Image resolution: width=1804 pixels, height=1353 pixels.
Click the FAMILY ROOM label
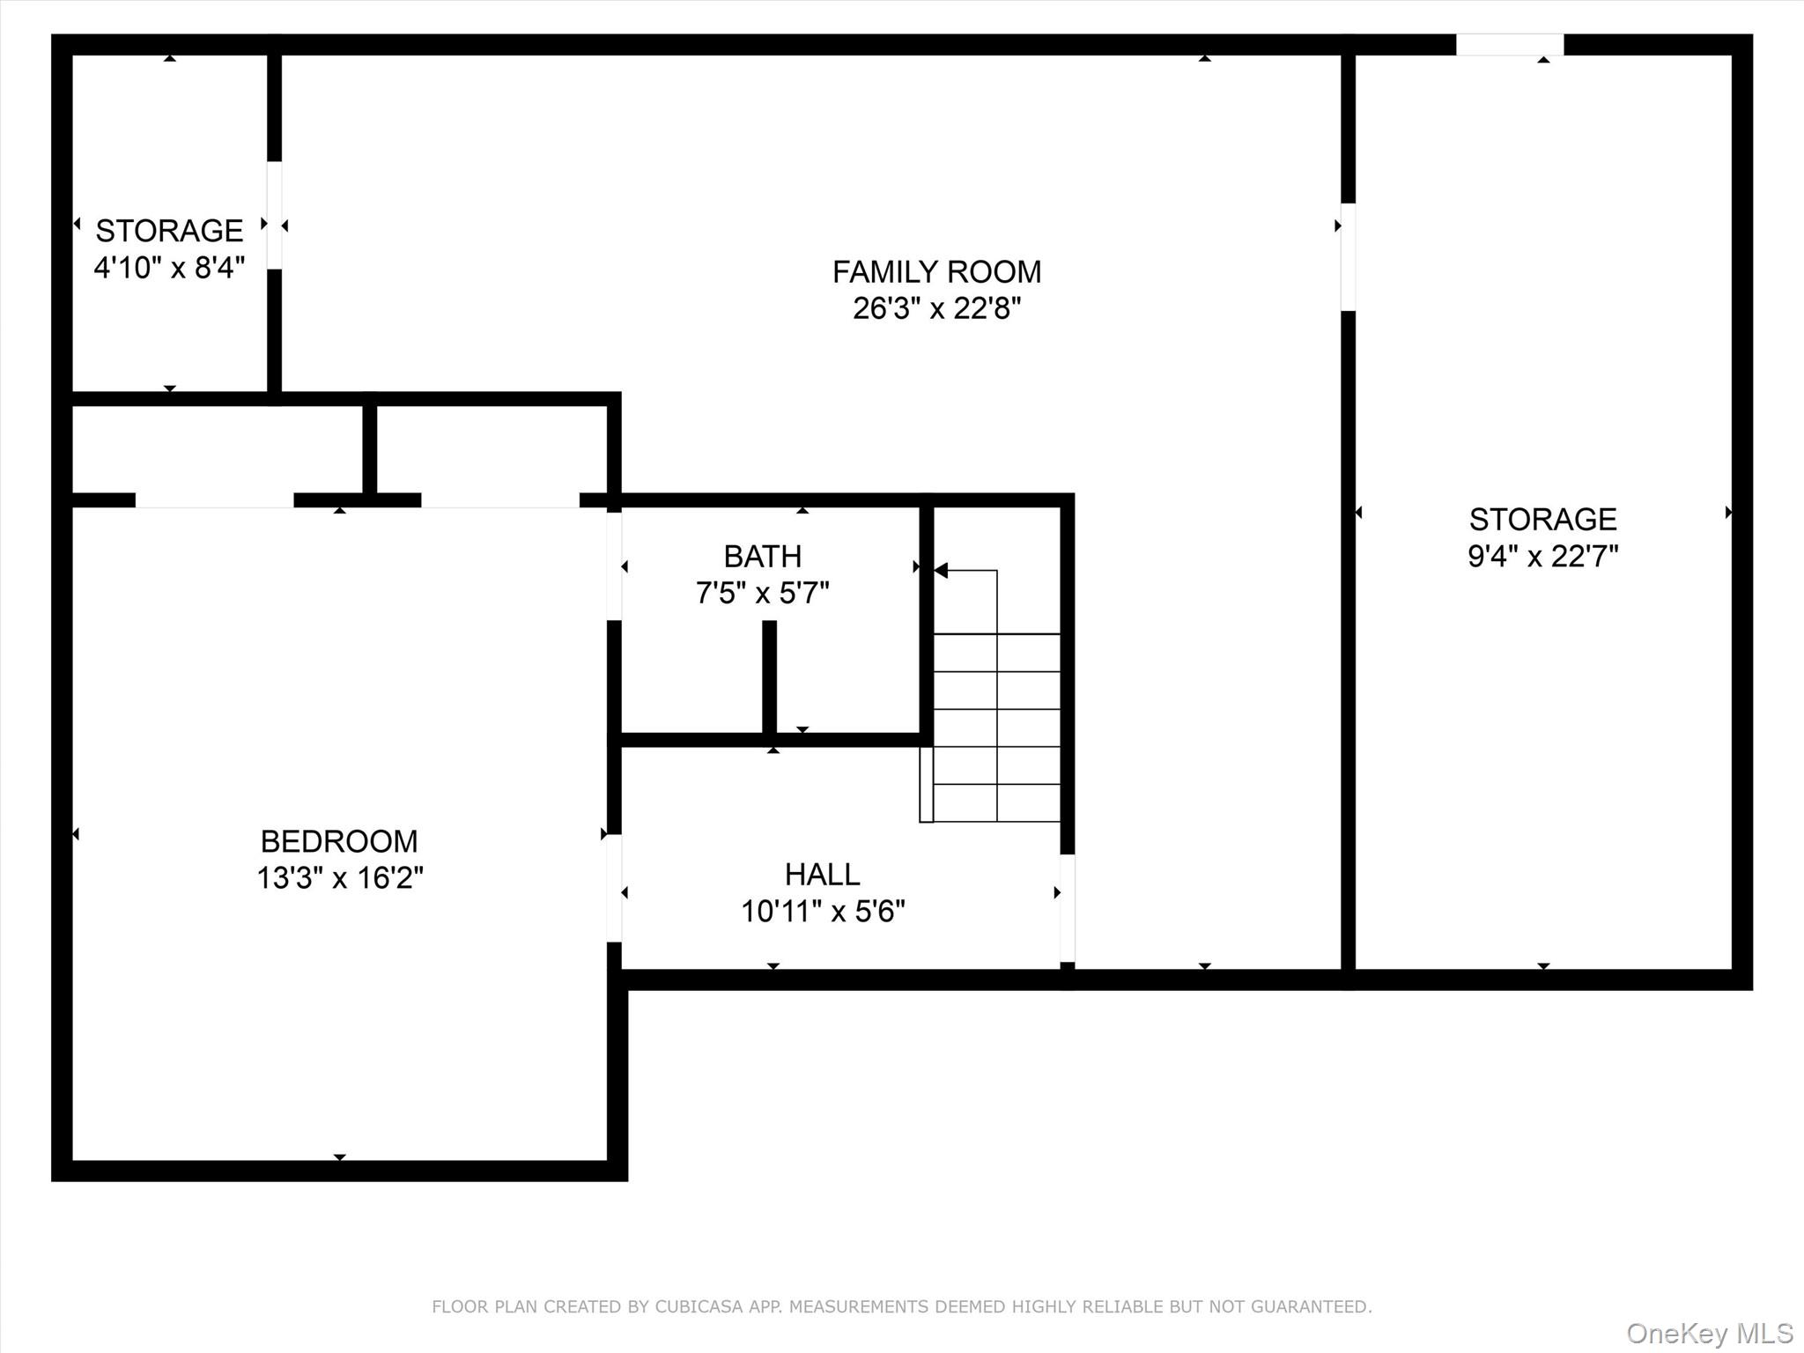[x=936, y=272]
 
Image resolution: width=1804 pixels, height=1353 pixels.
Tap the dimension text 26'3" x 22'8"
[x=936, y=309]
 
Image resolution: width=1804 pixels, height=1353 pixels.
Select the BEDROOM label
[x=339, y=841]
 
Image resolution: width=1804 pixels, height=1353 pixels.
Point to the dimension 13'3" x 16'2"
[x=339, y=878]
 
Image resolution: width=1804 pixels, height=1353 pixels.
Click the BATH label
[x=762, y=557]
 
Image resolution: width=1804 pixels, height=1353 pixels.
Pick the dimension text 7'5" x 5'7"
[x=762, y=594]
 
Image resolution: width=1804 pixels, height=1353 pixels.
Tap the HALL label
[x=822, y=875]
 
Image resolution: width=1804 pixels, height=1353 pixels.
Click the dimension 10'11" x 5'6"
[x=822, y=912]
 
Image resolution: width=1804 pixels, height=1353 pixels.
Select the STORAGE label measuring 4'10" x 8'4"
[x=169, y=231]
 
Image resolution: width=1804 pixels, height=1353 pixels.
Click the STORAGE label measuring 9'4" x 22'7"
[x=1542, y=520]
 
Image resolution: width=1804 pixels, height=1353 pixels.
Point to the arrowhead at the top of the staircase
[x=941, y=571]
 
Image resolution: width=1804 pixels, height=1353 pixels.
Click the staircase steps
[x=996, y=728]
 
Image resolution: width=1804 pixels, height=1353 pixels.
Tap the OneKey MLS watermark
[x=1709, y=1333]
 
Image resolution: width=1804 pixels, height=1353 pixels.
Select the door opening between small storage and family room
[x=275, y=216]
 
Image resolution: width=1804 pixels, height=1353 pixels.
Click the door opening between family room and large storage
[x=1348, y=257]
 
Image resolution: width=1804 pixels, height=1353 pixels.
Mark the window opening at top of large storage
[x=1509, y=45]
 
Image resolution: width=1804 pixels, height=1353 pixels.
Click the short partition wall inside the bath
[x=769, y=676]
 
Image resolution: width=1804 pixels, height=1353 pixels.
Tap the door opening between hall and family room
[x=1067, y=908]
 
